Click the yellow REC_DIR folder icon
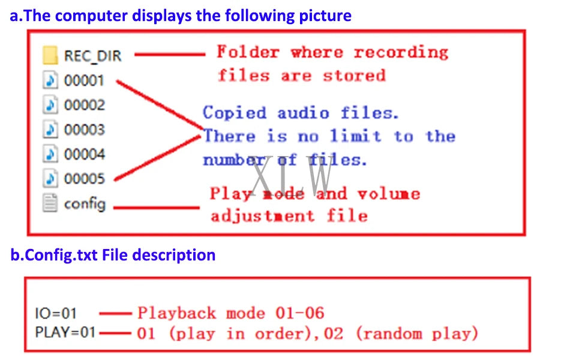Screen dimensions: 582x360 50,55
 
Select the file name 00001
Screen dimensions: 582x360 84,80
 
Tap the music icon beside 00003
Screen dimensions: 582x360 50,130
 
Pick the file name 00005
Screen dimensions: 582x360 85,179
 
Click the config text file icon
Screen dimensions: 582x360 50,203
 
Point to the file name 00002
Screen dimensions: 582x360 85,105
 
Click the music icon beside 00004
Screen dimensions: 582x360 50,154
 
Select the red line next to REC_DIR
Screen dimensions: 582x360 170,55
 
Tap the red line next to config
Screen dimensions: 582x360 156,208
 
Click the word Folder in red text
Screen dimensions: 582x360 248,52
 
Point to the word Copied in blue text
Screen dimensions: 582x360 235,112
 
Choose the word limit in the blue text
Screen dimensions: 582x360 356,136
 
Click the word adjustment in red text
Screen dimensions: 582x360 263,216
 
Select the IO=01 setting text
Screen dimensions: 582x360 56,314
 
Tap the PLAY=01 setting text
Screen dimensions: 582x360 65,332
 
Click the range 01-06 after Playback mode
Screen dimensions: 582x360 300,313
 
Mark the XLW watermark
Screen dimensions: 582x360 292,176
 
